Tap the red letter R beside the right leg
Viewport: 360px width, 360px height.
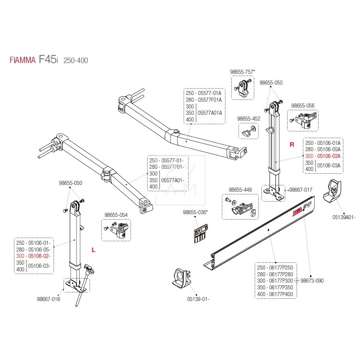pyautogui.click(x=292, y=145)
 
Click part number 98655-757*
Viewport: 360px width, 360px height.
pyautogui.click(x=243, y=72)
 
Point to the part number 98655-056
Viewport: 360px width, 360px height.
pyautogui.click(x=303, y=105)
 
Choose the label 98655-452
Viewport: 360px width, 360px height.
pyautogui.click(x=248, y=118)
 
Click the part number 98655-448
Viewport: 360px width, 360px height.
pyautogui.click(x=240, y=189)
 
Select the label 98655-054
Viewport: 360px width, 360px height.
pyautogui.click(x=116, y=215)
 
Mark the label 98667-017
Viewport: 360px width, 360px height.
pyautogui.click(x=301, y=190)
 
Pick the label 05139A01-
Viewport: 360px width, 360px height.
pyautogui.click(x=344, y=217)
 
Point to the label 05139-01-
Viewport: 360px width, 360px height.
pyautogui.click(x=198, y=298)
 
